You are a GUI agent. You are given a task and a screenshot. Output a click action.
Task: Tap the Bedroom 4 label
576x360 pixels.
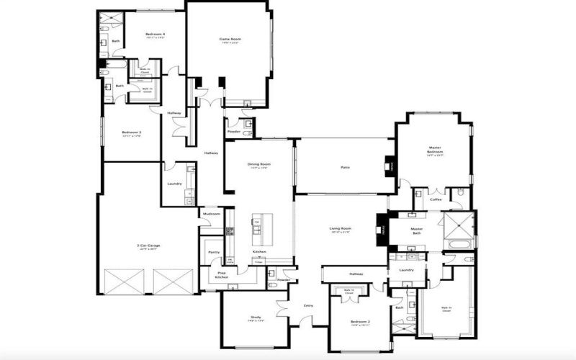(155, 34)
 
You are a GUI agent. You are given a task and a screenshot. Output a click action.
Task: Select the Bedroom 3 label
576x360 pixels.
(130, 132)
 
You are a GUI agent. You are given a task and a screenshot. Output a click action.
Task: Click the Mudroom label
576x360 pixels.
(211, 214)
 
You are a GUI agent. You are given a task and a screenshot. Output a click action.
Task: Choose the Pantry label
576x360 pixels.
(213, 252)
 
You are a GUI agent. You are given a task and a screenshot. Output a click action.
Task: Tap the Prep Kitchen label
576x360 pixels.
(222, 275)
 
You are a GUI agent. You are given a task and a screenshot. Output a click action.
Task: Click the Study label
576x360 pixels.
(256, 317)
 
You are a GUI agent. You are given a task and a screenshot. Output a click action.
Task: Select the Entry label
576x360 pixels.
(308, 306)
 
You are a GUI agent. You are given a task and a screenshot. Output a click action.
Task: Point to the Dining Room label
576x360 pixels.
(258, 164)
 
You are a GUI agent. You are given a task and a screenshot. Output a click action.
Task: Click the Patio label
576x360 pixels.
(345, 167)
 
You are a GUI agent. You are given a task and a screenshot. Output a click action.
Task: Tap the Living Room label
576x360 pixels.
(340, 229)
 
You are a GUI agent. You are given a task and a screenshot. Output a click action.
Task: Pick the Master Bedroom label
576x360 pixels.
(435, 150)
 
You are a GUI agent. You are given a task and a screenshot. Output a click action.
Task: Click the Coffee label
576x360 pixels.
(436, 199)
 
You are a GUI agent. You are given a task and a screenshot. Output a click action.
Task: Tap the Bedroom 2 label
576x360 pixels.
(360, 322)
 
